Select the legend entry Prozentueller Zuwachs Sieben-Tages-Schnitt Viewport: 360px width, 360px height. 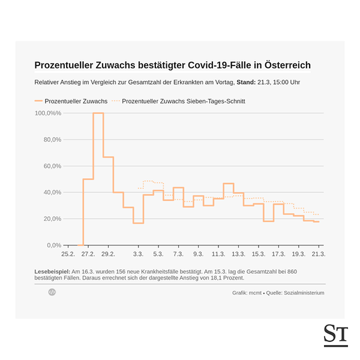183,101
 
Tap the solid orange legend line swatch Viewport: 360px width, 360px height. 38,101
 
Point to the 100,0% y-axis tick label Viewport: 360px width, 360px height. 48,113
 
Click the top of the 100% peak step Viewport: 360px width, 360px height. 98,113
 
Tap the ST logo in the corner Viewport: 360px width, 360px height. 335,335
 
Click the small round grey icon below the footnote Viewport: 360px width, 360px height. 52,292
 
